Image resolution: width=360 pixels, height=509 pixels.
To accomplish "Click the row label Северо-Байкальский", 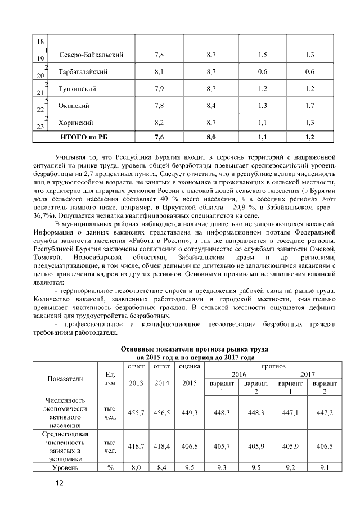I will tap(91, 55).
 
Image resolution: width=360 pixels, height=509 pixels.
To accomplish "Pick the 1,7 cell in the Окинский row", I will tap(308, 106).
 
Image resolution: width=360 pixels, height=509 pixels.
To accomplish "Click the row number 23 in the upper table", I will tap(40, 127).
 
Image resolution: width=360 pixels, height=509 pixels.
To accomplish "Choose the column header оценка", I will tap(190, 366).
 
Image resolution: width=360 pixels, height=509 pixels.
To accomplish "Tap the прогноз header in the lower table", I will tap(273, 366).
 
